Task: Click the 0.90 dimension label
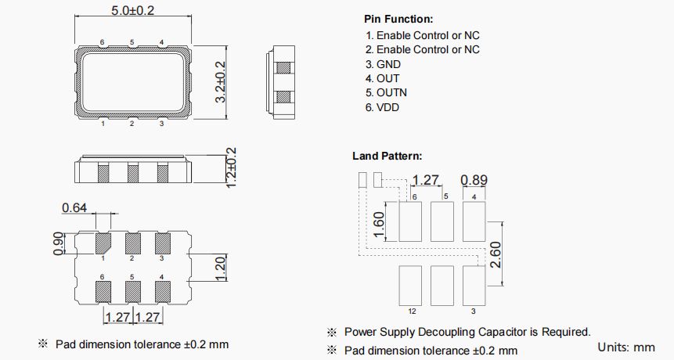pyautogui.click(x=56, y=243)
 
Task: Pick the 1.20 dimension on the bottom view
pyautogui.click(x=220, y=269)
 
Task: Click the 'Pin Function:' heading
pyautogui.click(x=398, y=19)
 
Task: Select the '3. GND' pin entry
pyautogui.click(x=384, y=64)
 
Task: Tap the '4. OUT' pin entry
pyautogui.click(x=383, y=78)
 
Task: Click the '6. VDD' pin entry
pyautogui.click(x=383, y=107)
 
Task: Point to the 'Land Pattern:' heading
pyautogui.click(x=387, y=157)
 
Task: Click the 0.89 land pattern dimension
pyautogui.click(x=474, y=180)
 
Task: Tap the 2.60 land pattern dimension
pyautogui.click(x=495, y=254)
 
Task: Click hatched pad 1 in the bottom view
pyautogui.click(x=103, y=243)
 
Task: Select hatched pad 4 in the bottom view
pyautogui.click(x=163, y=291)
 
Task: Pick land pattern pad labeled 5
pyautogui.click(x=443, y=221)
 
